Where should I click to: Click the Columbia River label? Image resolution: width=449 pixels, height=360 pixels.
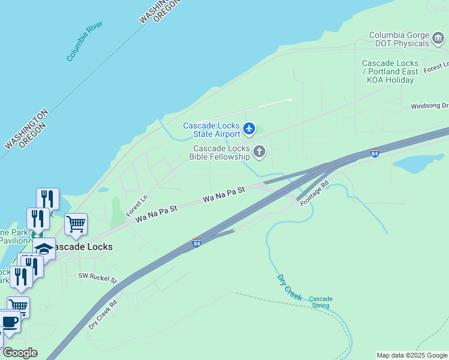(x=85, y=41)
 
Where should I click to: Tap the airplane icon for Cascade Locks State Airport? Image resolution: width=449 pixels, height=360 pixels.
(x=250, y=128)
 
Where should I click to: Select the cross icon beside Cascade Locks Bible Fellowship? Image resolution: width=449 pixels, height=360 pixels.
(x=259, y=152)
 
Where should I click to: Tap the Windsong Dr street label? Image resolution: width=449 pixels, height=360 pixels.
(x=429, y=106)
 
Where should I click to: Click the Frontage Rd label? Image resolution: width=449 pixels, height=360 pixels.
(x=315, y=192)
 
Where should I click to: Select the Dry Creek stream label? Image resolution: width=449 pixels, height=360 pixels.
(x=289, y=287)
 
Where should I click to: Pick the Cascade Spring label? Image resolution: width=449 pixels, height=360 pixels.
(x=321, y=302)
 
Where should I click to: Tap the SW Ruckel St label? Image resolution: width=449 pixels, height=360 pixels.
(x=97, y=277)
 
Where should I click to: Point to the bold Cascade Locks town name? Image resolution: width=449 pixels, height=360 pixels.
(x=82, y=247)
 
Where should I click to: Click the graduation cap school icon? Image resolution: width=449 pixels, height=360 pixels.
(x=44, y=247)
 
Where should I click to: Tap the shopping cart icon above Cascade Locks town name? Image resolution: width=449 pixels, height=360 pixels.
(x=76, y=224)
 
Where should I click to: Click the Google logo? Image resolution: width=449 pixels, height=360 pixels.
(x=20, y=353)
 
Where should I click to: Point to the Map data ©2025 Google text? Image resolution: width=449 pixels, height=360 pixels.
(x=412, y=355)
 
